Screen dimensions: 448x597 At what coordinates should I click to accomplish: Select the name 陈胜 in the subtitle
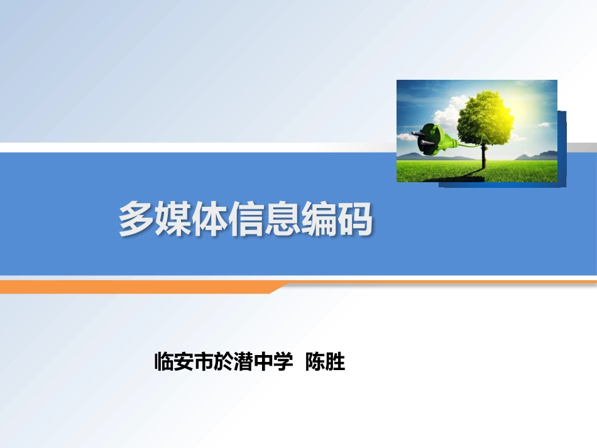325,363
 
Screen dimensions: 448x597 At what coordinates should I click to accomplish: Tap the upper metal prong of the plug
417,133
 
